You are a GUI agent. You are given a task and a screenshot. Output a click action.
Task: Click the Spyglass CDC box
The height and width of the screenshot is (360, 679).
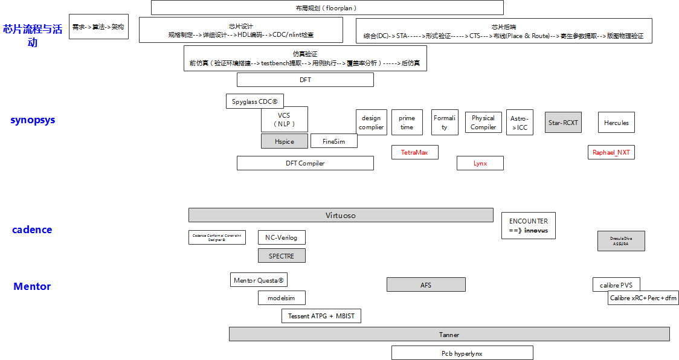coord(254,101)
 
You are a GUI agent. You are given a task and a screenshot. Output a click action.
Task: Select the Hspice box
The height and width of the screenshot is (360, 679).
coord(284,141)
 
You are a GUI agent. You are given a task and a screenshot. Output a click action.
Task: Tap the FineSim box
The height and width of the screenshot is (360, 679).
coord(333,141)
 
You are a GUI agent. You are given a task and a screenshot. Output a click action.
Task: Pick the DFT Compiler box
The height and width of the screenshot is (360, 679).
coord(305,163)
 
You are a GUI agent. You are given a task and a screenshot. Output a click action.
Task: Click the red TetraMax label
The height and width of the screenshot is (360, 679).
coord(414,152)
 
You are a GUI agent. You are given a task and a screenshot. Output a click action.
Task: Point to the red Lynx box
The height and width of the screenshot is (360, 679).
coord(480,163)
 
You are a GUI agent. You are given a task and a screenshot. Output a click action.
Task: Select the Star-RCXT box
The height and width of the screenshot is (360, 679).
coord(563,123)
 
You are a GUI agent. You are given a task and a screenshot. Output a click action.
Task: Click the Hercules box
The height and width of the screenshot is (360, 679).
coord(616,123)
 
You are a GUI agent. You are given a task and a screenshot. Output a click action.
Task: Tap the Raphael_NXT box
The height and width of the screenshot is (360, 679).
coord(611,152)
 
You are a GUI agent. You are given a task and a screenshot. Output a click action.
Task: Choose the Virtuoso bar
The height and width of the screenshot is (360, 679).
coord(341,215)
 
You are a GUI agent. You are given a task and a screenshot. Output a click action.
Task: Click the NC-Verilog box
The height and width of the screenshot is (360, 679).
coord(282,237)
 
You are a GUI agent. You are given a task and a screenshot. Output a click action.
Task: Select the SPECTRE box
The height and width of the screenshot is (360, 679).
coord(282,256)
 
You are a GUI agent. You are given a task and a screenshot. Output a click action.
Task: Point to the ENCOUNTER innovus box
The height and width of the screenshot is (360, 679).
coord(529,225)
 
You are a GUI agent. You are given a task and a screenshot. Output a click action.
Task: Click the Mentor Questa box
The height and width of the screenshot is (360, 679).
coord(259,280)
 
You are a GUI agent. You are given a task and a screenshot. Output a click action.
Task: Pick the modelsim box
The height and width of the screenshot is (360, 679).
coord(282,298)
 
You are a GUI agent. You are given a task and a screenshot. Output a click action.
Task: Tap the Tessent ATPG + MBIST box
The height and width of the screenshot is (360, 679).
coord(321,316)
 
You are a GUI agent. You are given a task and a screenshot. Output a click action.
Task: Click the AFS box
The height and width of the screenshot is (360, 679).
coord(426,284)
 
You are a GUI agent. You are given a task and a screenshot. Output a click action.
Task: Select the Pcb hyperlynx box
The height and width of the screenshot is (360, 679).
coord(462,353)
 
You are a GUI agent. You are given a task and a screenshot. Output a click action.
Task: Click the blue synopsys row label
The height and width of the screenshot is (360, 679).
coord(33,120)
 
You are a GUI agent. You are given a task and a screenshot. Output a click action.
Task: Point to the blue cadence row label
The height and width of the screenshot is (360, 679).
coord(32,230)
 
